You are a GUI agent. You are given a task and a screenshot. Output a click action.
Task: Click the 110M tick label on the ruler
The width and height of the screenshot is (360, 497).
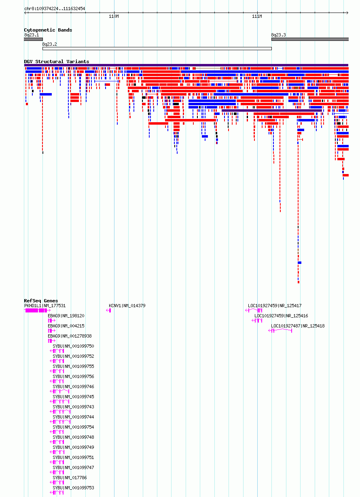point(114,17)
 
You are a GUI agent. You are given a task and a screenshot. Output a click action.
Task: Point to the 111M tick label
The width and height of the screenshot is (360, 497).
point(257,17)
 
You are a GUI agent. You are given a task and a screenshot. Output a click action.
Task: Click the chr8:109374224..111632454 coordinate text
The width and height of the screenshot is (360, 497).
point(55,8)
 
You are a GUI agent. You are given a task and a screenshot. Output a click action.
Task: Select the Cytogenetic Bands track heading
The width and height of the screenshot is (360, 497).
point(48,30)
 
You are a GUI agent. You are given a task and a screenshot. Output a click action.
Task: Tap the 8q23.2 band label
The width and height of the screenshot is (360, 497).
point(49,45)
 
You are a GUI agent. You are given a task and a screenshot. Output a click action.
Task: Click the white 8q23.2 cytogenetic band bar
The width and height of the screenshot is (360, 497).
point(157,49)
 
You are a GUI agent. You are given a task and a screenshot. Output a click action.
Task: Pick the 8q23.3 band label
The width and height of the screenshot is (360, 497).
point(278,35)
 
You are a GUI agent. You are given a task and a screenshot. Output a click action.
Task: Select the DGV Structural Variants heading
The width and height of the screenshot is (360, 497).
point(57,62)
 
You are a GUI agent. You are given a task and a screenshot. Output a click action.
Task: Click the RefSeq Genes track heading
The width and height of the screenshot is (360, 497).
point(41,301)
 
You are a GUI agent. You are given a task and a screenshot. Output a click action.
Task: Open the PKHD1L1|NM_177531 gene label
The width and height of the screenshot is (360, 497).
point(45,306)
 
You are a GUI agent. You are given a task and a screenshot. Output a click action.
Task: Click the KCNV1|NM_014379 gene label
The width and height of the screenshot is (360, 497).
point(127,306)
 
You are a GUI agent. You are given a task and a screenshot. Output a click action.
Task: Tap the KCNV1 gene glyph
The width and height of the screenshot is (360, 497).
point(108,310)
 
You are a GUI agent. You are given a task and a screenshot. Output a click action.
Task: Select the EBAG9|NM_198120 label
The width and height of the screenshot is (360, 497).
point(66,316)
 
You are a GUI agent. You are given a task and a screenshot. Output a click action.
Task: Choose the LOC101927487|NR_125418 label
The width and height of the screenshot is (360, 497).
point(298,326)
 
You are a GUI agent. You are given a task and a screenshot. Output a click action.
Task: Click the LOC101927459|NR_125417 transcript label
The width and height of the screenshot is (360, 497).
point(275,306)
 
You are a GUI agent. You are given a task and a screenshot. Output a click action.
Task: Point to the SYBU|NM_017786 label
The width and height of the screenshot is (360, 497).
point(70,478)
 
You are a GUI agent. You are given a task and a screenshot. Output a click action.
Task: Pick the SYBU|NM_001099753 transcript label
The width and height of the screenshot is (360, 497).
point(74,488)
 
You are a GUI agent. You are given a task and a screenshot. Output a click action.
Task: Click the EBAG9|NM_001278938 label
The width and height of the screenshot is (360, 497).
point(70,336)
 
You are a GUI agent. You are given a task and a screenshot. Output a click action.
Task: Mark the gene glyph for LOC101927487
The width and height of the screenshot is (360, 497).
point(280,331)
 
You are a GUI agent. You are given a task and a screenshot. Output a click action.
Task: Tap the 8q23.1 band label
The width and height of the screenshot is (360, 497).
point(32,35)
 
